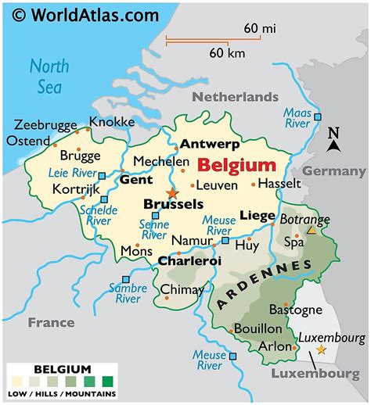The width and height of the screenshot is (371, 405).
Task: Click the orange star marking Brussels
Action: (172, 192)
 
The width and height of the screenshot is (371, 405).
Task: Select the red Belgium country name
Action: (236, 165)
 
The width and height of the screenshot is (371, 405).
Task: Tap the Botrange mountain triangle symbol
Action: (311, 231)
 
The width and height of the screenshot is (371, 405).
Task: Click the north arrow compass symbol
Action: (333, 140)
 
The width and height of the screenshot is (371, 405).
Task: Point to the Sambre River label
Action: (128, 292)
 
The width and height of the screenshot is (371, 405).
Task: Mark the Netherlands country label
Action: (236, 97)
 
